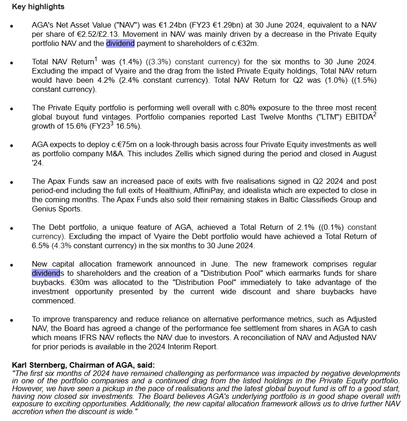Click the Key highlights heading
point(38,7)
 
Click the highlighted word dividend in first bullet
point(120,44)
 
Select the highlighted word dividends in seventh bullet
point(46,273)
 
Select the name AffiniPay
point(249,190)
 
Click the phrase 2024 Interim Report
point(183,347)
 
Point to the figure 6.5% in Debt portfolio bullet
point(40,245)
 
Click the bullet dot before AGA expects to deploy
point(11,145)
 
